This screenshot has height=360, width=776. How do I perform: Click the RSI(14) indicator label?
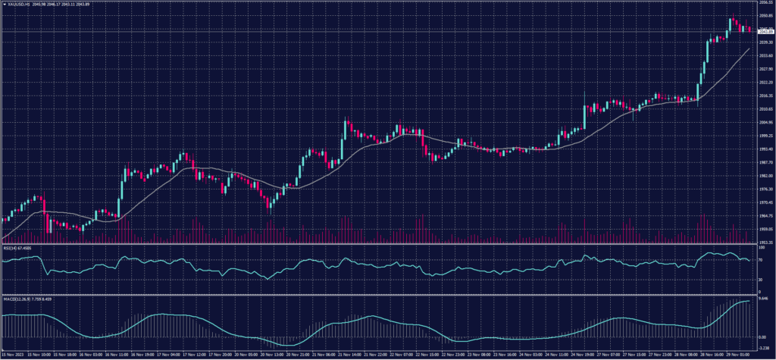9,247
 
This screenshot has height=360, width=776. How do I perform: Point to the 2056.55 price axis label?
765,3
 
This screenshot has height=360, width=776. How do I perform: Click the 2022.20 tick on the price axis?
765,83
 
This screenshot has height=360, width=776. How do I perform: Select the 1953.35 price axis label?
765,243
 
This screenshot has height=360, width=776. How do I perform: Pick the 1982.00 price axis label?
765,176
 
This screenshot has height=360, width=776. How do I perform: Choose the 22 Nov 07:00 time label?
404,354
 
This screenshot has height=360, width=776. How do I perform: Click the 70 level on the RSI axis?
761,259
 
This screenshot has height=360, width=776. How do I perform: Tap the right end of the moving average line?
749,49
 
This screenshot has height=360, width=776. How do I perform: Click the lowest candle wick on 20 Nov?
271,212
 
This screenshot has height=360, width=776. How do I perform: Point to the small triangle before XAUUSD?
4,4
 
